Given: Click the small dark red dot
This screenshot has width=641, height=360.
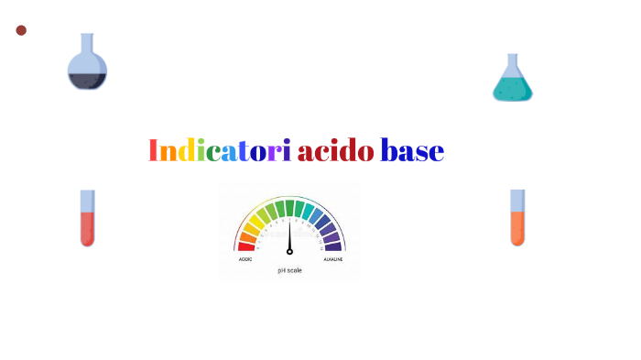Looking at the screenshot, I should point(21,30).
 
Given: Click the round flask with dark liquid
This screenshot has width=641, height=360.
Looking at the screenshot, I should point(87,73).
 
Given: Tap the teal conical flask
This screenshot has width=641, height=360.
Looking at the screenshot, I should point(513,85).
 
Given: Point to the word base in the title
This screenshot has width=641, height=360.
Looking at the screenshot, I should point(412,151).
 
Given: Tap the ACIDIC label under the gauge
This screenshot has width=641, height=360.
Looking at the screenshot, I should point(245,259).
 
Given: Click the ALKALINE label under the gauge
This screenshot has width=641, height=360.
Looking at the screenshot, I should point(331,259).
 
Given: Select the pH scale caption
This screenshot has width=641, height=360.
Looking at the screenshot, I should point(289,270).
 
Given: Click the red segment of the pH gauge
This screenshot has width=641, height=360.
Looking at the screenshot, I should point(246,245).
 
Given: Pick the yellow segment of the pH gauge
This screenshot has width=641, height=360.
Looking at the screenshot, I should point(257,220).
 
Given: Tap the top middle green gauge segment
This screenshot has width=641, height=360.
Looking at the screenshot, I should point(289,207).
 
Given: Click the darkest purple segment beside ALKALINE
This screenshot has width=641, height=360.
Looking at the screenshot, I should point(333,245).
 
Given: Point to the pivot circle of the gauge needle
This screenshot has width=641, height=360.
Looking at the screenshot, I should point(289,251).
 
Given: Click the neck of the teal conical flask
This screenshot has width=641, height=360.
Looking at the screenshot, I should point(511,62).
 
